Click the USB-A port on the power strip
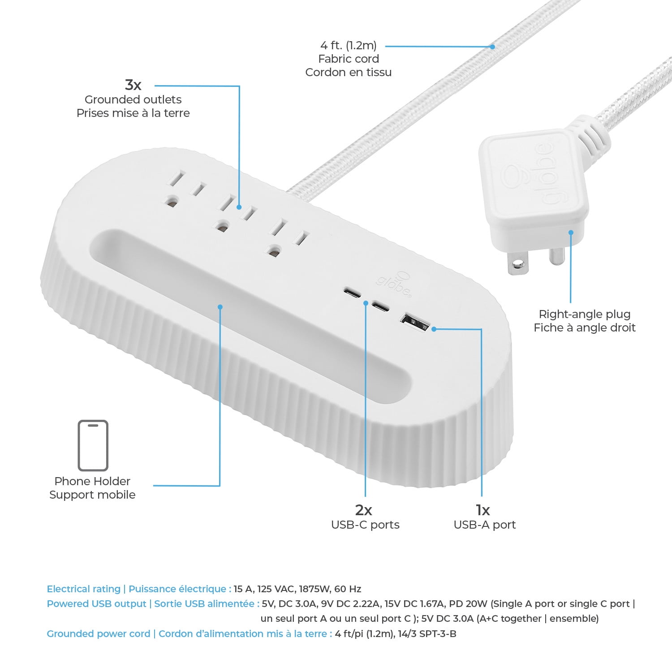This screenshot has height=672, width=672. [414, 322]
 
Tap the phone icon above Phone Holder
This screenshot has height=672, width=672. [93, 445]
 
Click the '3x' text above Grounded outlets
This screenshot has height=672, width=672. [133, 85]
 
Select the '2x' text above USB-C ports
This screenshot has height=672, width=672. [363, 510]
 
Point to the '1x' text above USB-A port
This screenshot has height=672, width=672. [482, 510]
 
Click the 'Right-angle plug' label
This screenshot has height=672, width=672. [584, 314]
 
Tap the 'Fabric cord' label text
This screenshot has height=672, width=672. [349, 59]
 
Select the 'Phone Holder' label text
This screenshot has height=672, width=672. [92, 481]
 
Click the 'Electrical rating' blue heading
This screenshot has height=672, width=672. [84, 589]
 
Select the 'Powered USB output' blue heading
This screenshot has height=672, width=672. [97, 603]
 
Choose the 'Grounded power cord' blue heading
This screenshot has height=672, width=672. [99, 633]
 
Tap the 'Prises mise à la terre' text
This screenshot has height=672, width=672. [133, 113]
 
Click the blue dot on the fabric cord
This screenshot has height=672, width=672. [492, 47]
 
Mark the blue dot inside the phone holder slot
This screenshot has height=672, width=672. [220, 307]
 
